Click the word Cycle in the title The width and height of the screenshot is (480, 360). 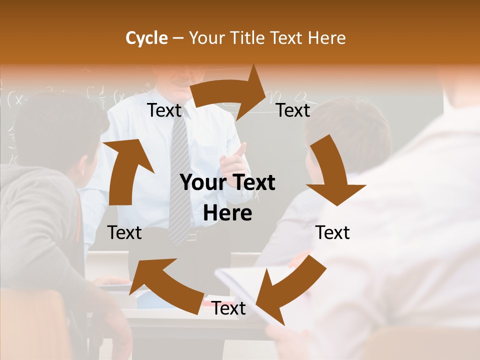tap(146, 38)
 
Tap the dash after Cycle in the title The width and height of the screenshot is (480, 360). tap(178, 38)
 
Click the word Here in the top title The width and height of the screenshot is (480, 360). tap(326, 38)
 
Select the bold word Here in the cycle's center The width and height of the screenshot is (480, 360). tap(227, 213)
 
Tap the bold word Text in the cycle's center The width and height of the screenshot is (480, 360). tap(252, 183)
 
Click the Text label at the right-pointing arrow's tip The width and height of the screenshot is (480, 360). tap(293, 110)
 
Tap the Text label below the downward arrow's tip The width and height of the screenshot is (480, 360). tap(332, 232)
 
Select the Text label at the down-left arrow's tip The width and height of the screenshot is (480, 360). tap(228, 308)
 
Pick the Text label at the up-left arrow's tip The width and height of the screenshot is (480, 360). tap(124, 232)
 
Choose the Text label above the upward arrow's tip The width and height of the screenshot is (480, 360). tap(164, 110)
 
